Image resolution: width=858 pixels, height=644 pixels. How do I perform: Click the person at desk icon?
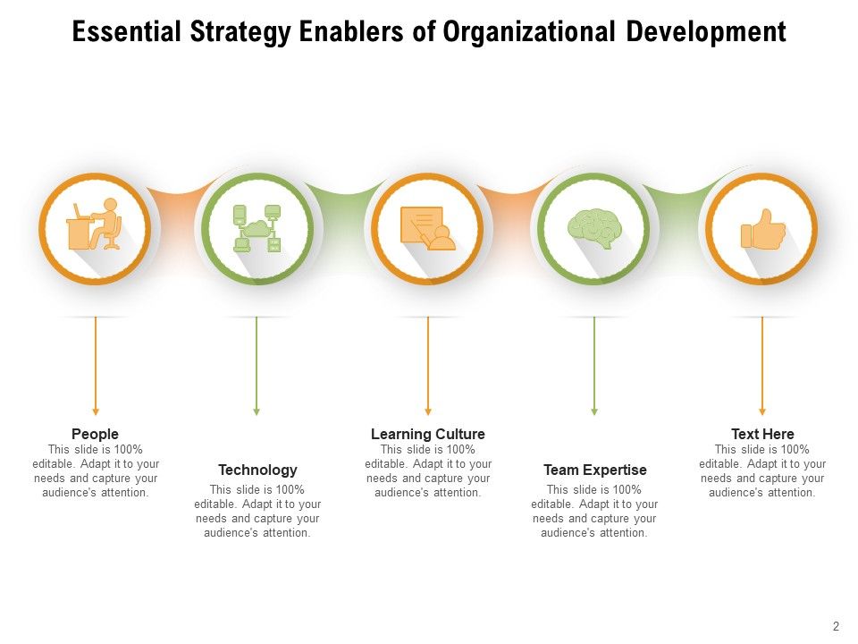[95, 226]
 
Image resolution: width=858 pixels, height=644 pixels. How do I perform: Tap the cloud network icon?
[257, 228]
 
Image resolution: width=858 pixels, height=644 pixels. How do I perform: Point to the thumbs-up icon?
[762, 229]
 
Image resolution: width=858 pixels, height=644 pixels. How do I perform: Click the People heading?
[95, 435]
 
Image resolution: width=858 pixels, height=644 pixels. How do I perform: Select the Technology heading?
[257, 470]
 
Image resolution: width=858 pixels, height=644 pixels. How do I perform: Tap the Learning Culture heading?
[428, 435]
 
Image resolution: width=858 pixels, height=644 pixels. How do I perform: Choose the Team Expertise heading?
[594, 470]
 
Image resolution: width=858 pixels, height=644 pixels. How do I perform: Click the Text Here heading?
[762, 435]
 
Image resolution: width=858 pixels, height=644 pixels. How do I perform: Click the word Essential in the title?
[124, 33]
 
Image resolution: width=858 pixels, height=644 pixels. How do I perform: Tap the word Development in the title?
[705, 33]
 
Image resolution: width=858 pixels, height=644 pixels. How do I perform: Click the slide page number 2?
[836, 627]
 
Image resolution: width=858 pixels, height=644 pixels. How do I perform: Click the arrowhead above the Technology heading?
[257, 411]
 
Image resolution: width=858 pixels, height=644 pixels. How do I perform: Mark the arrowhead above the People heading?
[95, 411]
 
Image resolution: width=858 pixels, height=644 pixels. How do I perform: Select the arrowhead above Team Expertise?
[594, 411]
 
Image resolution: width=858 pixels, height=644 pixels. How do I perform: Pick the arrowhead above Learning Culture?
[428, 411]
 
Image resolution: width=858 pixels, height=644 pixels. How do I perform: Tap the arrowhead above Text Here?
[762, 411]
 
